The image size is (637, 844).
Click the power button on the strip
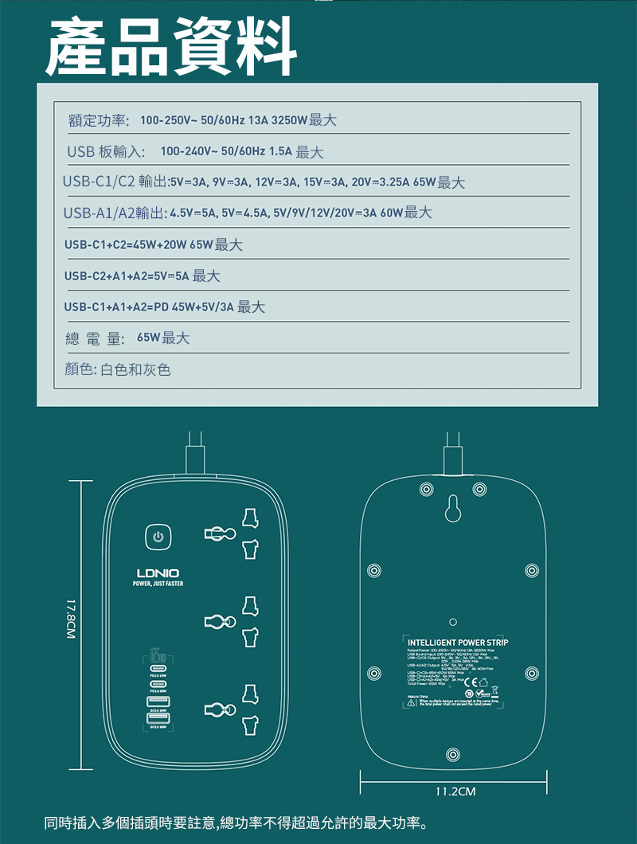pyautogui.click(x=158, y=537)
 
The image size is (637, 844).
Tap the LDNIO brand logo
pyautogui.click(x=158, y=573)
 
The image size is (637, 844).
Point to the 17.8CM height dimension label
pyautogui.click(x=71, y=625)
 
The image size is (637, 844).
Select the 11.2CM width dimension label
pyautogui.click(x=455, y=792)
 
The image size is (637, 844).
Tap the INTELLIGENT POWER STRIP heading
pyautogui.click(x=457, y=643)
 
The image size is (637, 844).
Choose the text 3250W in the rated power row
pyautogui.click(x=289, y=121)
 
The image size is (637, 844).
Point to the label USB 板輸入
pyautogui.click(x=105, y=152)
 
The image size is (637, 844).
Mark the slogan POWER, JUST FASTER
pyautogui.click(x=158, y=585)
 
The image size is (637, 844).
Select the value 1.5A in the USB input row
pyautogui.click(x=281, y=152)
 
